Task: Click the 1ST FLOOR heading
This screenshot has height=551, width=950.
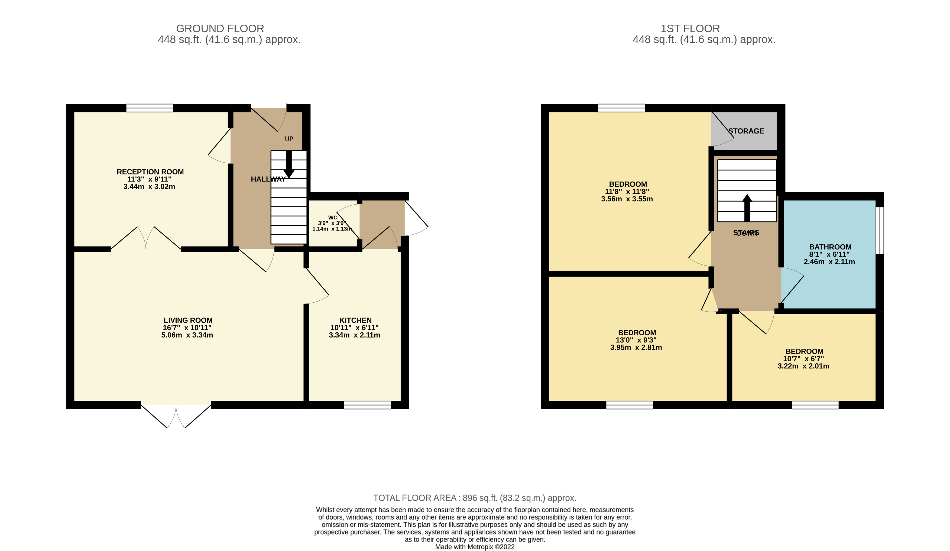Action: [690, 29]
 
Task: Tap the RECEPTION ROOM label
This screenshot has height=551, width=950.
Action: [150, 172]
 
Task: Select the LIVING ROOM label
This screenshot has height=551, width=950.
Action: [188, 320]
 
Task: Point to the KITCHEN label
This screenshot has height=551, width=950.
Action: [355, 320]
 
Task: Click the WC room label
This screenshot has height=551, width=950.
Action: [332, 218]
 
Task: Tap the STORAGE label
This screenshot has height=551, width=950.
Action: [746, 131]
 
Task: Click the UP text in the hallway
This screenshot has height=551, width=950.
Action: [289, 139]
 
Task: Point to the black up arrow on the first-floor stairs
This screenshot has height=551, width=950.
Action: [747, 207]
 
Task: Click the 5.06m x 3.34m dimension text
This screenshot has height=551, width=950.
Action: [187, 335]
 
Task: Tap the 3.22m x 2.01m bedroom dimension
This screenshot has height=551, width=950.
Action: [803, 366]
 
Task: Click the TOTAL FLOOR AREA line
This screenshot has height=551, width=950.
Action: [475, 498]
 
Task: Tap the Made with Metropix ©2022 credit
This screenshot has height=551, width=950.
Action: [475, 547]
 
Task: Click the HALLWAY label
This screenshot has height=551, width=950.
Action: [268, 179]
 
